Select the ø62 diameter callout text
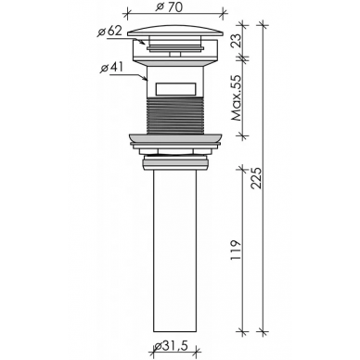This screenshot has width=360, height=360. click(x=109, y=32)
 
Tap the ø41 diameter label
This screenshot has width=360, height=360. click(x=111, y=68)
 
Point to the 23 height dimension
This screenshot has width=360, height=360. click(x=238, y=41)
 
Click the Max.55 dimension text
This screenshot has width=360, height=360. click(x=238, y=98)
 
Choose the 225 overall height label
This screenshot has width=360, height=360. click(x=256, y=178)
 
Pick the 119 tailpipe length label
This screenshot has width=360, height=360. click(x=237, y=251)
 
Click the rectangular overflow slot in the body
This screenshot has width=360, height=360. click(x=175, y=89)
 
